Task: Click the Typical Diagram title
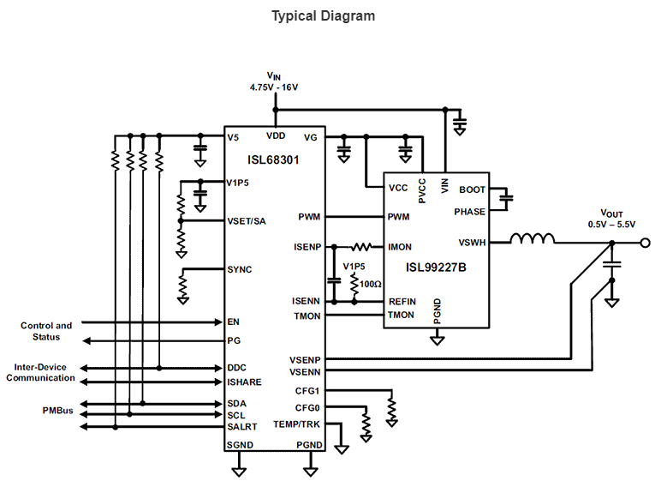click(x=323, y=15)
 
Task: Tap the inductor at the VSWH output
click(x=533, y=240)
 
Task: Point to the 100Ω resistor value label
click(x=371, y=283)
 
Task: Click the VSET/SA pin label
click(x=247, y=220)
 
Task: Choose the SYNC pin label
click(x=240, y=269)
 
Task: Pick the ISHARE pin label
click(x=244, y=382)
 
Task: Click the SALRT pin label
click(x=241, y=426)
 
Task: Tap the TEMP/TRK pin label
click(x=297, y=424)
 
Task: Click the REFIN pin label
click(x=402, y=301)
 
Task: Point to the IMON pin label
click(x=400, y=247)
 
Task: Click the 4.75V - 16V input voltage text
click(x=274, y=87)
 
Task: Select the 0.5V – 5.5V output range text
click(x=611, y=224)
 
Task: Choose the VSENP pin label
click(x=306, y=358)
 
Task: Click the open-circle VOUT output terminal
click(x=646, y=243)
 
